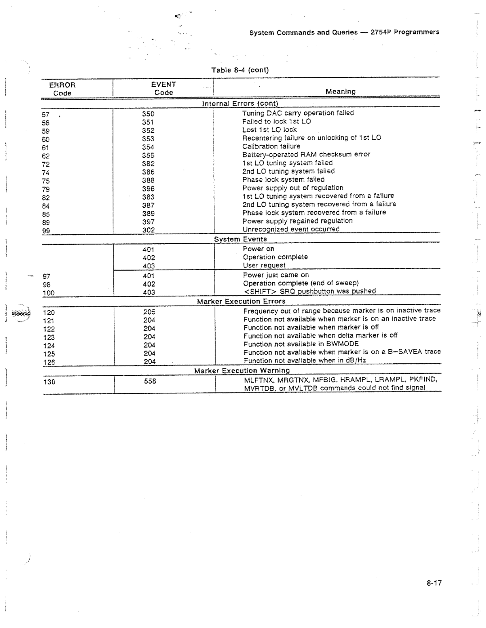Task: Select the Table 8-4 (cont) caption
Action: point(240,70)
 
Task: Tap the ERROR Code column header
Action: point(63,89)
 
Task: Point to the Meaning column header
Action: point(340,92)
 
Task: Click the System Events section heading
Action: point(240,239)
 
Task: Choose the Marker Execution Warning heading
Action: point(242,371)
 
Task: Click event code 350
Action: point(148,114)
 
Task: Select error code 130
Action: point(49,382)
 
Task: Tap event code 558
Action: point(150,381)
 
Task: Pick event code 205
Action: point(149,312)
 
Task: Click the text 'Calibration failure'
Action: point(271,146)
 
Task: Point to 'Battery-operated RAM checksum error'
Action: point(306,154)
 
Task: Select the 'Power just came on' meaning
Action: point(276,275)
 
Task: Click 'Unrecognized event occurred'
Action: point(291,229)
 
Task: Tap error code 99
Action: point(46,231)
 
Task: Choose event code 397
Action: point(148,222)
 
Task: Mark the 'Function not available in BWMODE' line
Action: point(301,344)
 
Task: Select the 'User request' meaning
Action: point(264,266)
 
